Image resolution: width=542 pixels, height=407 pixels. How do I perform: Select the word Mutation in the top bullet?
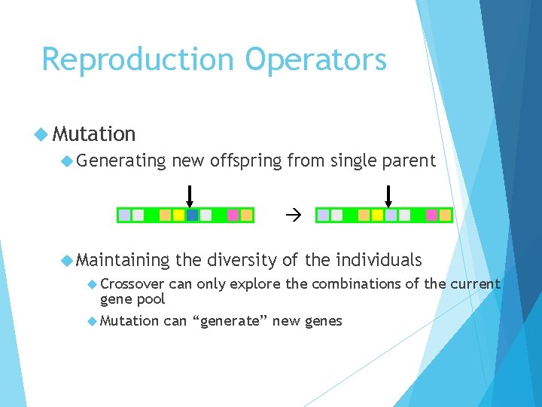point(94,134)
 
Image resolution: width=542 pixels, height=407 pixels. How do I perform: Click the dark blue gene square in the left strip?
point(192,216)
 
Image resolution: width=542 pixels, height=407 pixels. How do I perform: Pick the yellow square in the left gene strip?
point(178,216)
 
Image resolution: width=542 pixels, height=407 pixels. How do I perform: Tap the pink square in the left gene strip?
point(233,216)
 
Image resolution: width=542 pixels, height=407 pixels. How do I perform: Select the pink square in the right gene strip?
point(431,216)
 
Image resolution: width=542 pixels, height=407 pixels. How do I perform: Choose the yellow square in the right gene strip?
point(377,216)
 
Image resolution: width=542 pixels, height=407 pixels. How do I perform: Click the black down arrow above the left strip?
point(190,195)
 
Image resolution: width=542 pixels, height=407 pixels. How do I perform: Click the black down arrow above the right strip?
point(388,195)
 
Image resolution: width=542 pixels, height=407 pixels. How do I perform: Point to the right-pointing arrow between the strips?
point(293,216)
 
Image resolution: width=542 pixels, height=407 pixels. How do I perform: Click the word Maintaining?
point(123,260)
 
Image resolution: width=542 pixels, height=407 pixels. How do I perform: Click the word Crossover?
point(132,284)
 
